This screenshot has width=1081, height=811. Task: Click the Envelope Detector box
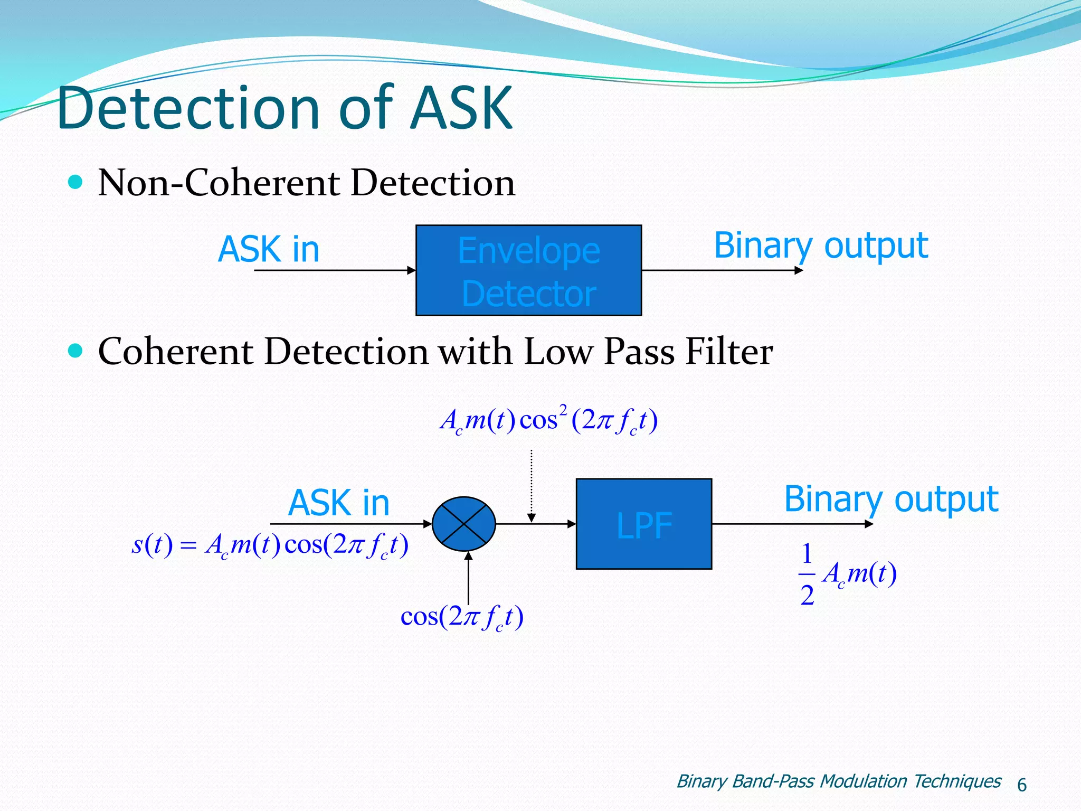point(528,270)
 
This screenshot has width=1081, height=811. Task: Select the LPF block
point(643,524)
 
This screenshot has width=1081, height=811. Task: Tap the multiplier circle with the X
point(463,524)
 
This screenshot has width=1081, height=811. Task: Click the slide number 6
point(1021,785)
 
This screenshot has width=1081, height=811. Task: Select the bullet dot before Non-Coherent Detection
point(76,182)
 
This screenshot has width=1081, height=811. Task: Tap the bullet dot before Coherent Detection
point(76,351)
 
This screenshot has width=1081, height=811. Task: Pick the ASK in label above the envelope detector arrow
point(269,249)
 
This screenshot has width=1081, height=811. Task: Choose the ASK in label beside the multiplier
point(338,503)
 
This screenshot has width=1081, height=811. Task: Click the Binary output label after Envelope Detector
point(820,246)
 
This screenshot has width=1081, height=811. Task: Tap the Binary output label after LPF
point(891,499)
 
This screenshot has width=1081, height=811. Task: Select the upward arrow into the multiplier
point(468,578)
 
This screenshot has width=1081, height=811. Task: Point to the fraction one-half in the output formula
point(807,574)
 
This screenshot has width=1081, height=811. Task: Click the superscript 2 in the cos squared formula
point(563,409)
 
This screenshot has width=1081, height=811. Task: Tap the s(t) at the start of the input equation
point(151,545)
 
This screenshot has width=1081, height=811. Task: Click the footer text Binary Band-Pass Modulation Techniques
point(838,781)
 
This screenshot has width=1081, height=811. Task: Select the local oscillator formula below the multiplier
point(462,617)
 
